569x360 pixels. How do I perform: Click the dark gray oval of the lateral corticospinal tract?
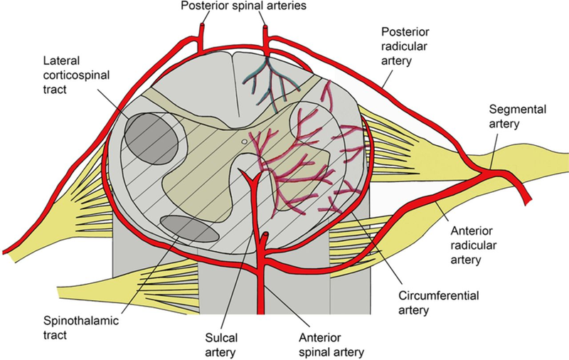pyautogui.click(x=151, y=139)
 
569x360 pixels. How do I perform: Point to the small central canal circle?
pyautogui.click(x=245, y=142)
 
